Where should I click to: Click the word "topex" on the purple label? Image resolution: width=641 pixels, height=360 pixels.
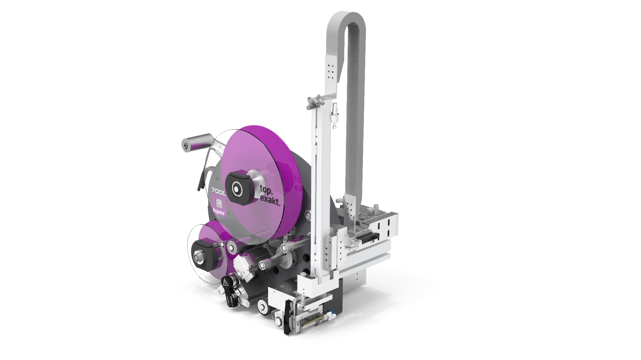point(219,211)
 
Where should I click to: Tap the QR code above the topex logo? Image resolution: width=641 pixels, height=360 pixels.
point(219,203)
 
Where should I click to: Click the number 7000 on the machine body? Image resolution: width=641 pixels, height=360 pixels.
point(218,191)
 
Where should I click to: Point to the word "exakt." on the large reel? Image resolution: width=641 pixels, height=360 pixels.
point(270,201)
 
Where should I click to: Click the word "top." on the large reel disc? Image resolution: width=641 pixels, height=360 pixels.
point(266,190)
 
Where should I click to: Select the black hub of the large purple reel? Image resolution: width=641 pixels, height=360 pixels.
point(238,189)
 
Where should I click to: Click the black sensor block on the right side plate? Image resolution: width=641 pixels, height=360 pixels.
point(368,238)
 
